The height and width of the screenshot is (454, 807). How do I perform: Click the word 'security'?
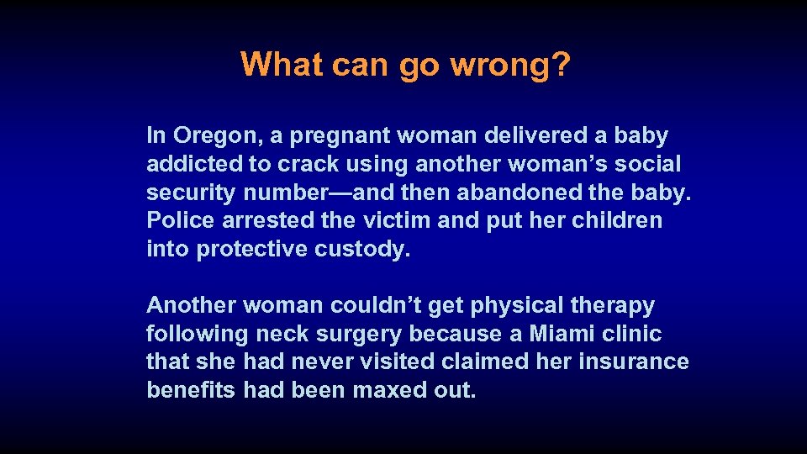tap(192, 193)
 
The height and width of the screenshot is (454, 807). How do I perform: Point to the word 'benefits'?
tap(192, 391)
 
